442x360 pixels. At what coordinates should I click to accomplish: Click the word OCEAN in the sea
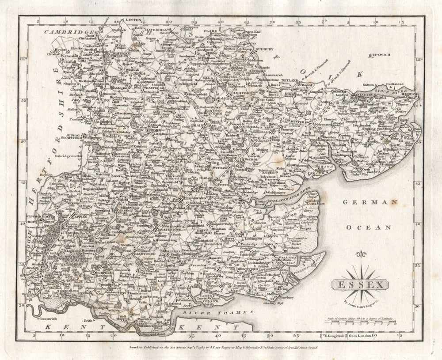(369, 227)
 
